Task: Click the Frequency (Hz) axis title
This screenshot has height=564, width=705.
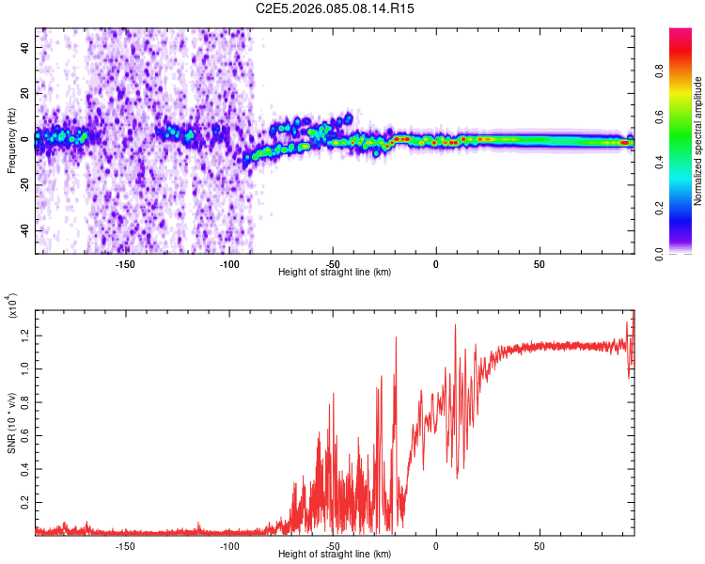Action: click(12, 141)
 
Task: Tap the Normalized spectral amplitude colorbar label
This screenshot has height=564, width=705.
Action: click(698, 142)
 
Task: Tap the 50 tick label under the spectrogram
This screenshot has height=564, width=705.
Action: click(540, 264)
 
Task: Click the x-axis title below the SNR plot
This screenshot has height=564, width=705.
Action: click(336, 556)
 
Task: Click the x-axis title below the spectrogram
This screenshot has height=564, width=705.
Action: click(336, 273)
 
